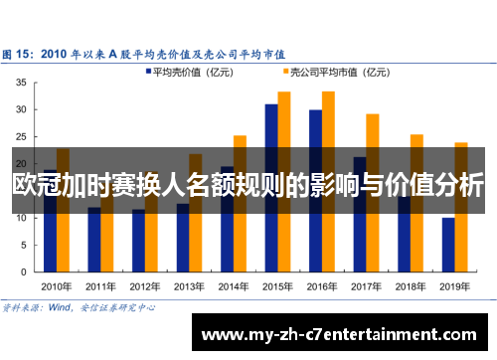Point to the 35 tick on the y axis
click(21, 84)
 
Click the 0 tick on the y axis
click(24, 271)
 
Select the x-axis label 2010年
click(57, 284)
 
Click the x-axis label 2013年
click(189, 284)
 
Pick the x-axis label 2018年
click(410, 284)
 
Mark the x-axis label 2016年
click(321, 284)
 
